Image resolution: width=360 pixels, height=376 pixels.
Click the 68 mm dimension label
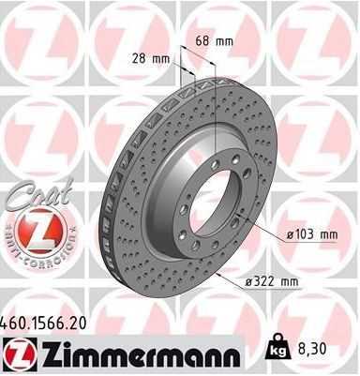click(215, 41)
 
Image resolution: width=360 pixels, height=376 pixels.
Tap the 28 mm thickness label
click(151, 58)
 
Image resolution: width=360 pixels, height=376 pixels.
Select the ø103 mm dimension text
click(312, 234)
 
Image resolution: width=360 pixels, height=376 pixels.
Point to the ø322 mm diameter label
click(271, 282)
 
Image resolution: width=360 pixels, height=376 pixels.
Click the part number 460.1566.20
click(43, 323)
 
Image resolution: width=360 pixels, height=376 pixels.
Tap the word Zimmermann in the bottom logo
click(141, 354)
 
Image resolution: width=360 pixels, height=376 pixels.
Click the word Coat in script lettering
click(41, 192)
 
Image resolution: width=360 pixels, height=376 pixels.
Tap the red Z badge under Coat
click(41, 232)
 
